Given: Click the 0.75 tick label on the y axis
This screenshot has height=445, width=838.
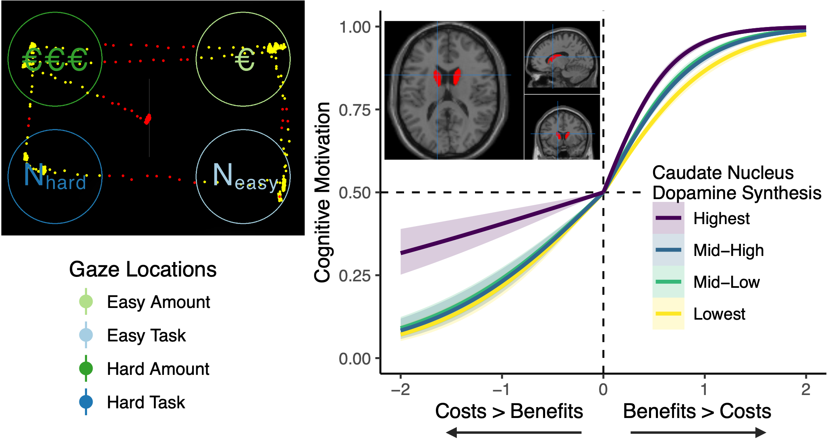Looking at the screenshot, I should [355, 110].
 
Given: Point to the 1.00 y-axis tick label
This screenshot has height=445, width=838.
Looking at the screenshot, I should [355, 27].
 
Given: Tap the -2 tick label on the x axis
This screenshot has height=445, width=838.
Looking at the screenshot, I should [400, 389].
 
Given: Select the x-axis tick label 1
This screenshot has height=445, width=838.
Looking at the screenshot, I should [704, 389].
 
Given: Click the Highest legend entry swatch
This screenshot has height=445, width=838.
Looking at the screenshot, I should [668, 218].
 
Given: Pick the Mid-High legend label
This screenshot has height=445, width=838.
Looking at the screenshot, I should [728, 250].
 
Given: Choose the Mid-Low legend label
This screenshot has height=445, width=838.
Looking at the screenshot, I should [726, 282].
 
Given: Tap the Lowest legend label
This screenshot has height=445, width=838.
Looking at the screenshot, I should [719, 314].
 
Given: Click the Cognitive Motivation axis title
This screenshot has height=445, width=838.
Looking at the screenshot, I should [322, 192].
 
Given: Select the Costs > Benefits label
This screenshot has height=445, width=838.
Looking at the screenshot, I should [509, 411].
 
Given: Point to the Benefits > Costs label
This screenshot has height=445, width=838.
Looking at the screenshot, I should [697, 411].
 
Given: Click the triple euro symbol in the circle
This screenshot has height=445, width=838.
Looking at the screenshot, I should [55, 59].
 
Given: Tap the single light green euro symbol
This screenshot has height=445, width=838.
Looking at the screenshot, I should [245, 60].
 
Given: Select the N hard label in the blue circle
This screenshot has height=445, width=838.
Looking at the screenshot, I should [55, 177].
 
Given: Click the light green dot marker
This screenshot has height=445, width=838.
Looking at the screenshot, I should [86, 302].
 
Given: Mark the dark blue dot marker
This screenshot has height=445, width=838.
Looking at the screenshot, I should [86, 401].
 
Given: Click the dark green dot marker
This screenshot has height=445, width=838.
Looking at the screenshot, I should [86, 368].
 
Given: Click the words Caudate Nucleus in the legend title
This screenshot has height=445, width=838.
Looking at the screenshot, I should [723, 173].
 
